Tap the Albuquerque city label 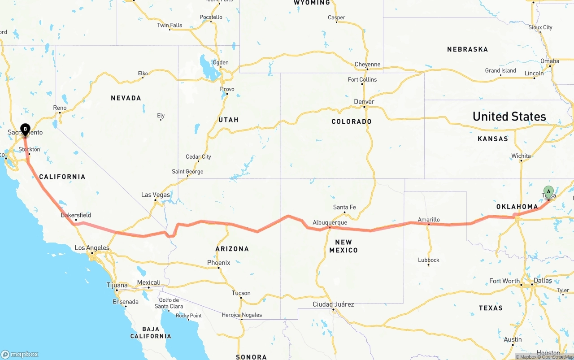(330, 222)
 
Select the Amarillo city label (429, 220)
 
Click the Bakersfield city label (76, 215)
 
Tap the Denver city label (364, 102)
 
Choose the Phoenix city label (218, 263)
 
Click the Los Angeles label (92, 248)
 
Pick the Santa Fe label (344, 207)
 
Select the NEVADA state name (126, 98)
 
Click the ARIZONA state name (232, 249)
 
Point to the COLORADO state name (352, 121)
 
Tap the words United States (509, 117)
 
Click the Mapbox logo (20, 354)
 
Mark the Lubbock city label (428, 260)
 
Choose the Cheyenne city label (367, 65)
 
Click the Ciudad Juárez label (333, 304)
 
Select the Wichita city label (521, 156)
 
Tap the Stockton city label (29, 149)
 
